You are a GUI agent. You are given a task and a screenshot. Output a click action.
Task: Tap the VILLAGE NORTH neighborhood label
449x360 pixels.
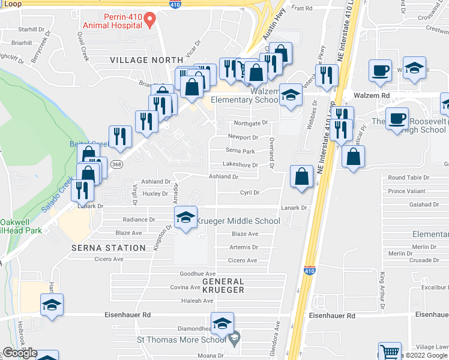point(146,60)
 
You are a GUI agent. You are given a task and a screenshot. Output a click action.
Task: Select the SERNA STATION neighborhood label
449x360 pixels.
point(109,248)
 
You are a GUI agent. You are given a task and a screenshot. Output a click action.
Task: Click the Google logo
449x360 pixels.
point(19,353)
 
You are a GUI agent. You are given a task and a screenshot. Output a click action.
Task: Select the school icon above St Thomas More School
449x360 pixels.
point(223,323)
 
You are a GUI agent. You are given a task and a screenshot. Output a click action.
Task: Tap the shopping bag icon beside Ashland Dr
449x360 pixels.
point(301,177)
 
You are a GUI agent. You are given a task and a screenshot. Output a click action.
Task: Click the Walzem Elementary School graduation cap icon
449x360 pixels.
point(291,96)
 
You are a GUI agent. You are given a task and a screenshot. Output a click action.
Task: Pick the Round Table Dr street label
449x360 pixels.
point(409,178)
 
